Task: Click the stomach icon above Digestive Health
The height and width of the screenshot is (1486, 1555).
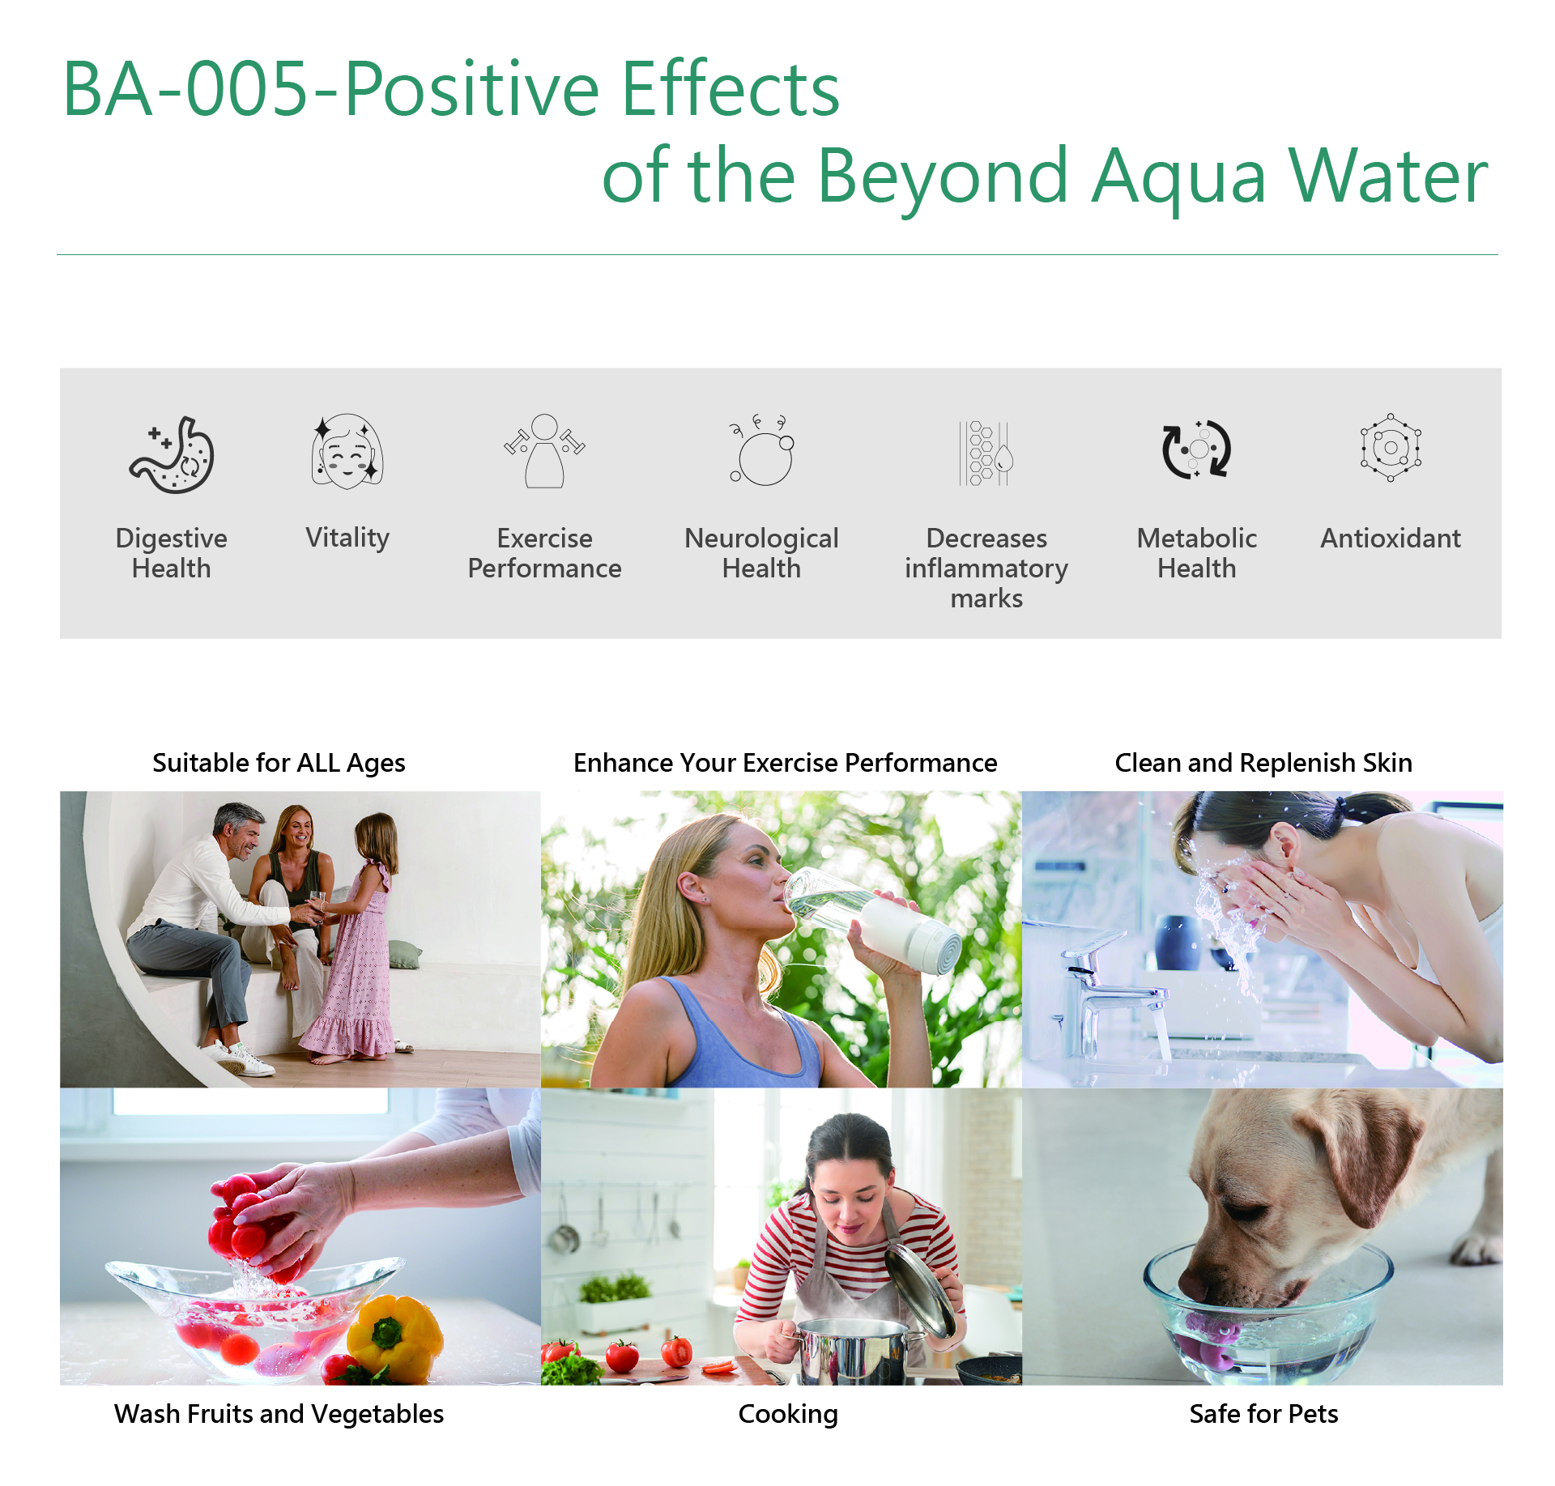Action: [172, 454]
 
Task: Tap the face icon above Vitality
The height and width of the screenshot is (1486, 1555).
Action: [347, 451]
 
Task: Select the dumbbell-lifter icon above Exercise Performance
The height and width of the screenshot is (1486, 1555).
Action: [544, 451]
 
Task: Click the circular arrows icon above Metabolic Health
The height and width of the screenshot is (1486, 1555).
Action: [1196, 449]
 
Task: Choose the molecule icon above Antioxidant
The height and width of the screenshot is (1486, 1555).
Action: [1391, 447]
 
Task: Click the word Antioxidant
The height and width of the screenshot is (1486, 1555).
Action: [1391, 539]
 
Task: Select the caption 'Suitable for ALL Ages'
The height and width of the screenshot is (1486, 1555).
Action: [279, 763]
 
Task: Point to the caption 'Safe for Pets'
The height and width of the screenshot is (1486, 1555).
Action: [1263, 1414]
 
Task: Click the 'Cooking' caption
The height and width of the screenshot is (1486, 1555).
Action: [788, 1415]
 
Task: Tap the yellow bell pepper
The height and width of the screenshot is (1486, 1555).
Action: [395, 1339]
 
